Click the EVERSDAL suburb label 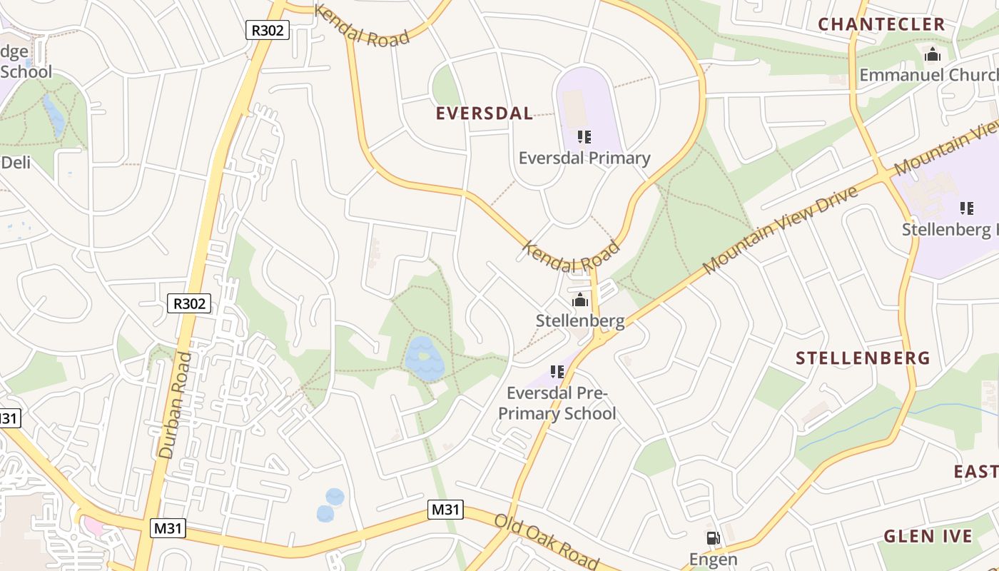(484, 113)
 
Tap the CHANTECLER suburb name (881, 24)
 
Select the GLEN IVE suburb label (928, 537)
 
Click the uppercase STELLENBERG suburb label (863, 358)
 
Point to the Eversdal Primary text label (584, 158)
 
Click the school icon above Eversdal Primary (584, 136)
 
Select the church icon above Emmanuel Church (932, 54)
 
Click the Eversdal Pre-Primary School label (557, 403)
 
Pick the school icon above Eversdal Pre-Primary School (557, 371)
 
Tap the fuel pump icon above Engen (712, 539)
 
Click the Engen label (712, 560)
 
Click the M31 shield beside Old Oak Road (445, 510)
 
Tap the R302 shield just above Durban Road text (190, 303)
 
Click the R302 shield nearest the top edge (268, 30)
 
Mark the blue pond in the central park (424, 358)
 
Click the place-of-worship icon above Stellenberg (580, 300)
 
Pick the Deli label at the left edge (16, 163)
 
